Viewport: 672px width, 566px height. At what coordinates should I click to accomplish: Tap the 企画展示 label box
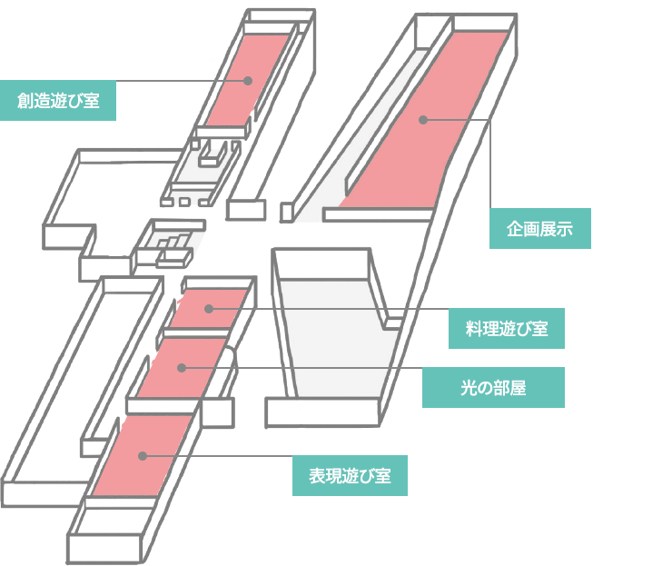click(x=540, y=229)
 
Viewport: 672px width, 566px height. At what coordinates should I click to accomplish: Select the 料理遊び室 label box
click(x=507, y=329)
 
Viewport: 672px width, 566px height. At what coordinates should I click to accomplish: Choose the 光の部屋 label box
click(x=493, y=387)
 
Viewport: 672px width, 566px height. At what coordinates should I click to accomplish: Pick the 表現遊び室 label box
click(x=350, y=475)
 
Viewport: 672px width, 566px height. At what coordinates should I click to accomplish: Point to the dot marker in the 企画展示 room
click(x=423, y=119)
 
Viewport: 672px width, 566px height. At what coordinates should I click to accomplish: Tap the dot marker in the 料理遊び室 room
click(x=209, y=309)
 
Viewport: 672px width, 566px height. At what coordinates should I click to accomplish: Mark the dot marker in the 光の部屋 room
click(x=182, y=368)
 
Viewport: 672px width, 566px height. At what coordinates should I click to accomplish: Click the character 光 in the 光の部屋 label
click(x=467, y=387)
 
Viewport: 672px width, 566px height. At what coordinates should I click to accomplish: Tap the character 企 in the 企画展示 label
click(x=515, y=229)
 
